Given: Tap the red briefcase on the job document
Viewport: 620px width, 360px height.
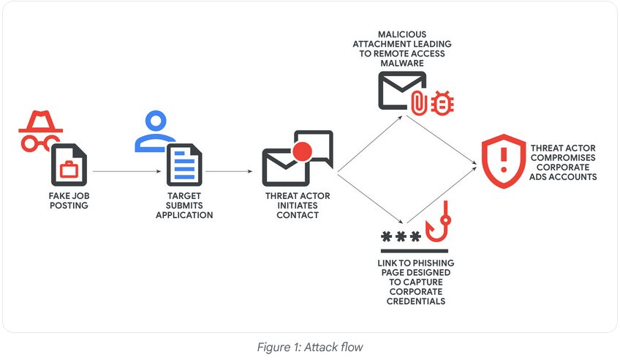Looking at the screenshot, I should (69, 170).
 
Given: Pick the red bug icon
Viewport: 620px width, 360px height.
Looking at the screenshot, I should (442, 104).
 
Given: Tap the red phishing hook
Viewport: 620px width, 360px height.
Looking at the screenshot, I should (439, 224).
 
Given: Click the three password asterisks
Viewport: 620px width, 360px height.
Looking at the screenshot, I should (401, 236).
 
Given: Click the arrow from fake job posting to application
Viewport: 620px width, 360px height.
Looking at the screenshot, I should (126, 171).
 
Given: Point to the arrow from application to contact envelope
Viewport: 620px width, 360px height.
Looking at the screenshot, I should (230, 171).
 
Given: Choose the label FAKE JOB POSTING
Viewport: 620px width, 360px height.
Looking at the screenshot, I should (68, 200).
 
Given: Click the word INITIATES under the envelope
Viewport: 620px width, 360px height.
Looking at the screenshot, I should (298, 206).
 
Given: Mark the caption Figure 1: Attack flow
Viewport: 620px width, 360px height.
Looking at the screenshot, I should (309, 347).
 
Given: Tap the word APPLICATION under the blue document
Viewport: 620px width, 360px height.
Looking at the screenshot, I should (184, 215).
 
